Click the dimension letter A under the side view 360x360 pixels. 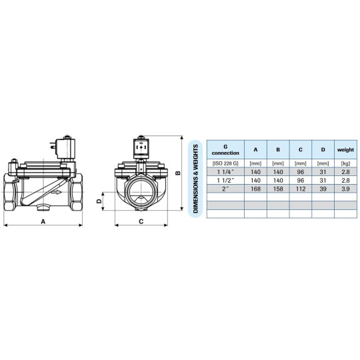(43, 220)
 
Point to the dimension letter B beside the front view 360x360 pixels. (177, 173)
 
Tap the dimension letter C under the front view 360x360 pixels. (141, 220)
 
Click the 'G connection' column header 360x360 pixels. (225, 150)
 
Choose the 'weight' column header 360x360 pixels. (345, 150)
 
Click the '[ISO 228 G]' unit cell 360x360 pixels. (225, 163)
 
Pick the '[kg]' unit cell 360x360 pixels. (345, 163)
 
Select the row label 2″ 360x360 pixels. (225, 190)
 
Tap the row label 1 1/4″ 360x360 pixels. (225, 172)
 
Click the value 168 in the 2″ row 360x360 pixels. (255, 190)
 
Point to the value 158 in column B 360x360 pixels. (279, 190)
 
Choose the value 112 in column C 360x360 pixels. (301, 190)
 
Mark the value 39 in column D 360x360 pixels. (323, 190)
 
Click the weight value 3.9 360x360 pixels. (345, 190)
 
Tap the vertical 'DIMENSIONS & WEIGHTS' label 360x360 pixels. (196, 178)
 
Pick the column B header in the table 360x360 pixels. (279, 150)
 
